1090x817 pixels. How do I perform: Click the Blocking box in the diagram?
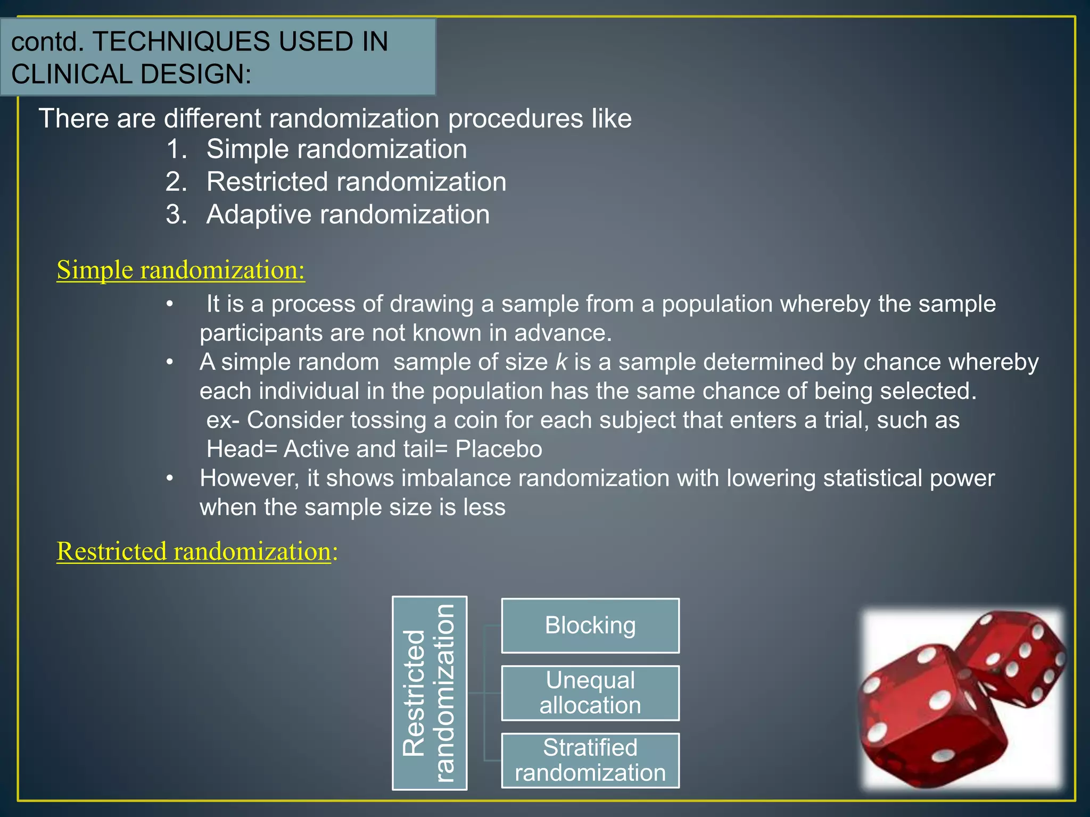click(590, 626)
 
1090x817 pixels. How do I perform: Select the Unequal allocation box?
click(590, 693)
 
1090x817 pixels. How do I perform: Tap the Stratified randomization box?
click(590, 760)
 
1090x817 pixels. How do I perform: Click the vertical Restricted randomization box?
click(430, 693)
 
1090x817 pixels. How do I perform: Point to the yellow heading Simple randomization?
click(181, 270)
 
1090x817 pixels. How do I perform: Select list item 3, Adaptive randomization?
click(348, 215)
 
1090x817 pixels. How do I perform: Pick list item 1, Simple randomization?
click(336, 149)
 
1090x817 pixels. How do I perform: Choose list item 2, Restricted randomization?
click(356, 182)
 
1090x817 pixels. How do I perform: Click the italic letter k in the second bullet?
click(561, 362)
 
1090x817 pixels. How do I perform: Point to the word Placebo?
click(499, 449)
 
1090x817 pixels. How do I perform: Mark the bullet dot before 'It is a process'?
click(170, 304)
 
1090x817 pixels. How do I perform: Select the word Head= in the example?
click(242, 449)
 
